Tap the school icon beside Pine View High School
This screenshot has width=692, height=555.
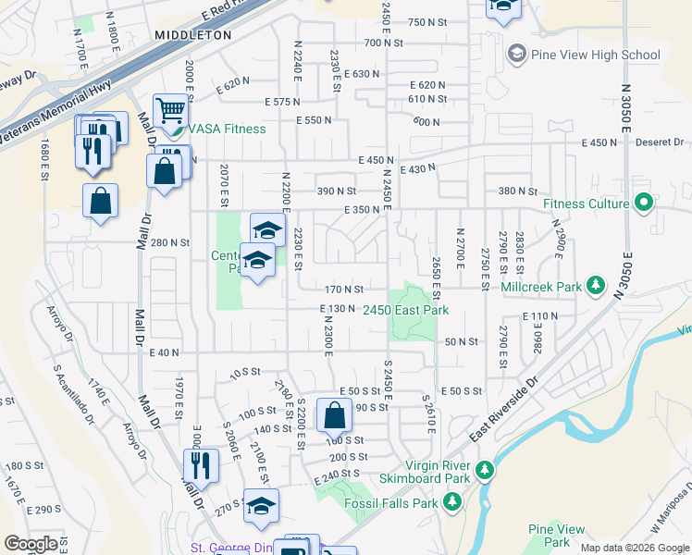click(x=515, y=55)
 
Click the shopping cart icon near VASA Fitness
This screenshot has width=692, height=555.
click(x=170, y=112)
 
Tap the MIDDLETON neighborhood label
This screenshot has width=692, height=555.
click(x=193, y=35)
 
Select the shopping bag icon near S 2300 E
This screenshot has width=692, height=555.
click(x=334, y=415)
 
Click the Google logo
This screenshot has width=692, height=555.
click(x=31, y=544)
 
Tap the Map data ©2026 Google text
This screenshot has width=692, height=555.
click(x=635, y=548)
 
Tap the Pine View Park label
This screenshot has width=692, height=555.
click(x=557, y=536)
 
